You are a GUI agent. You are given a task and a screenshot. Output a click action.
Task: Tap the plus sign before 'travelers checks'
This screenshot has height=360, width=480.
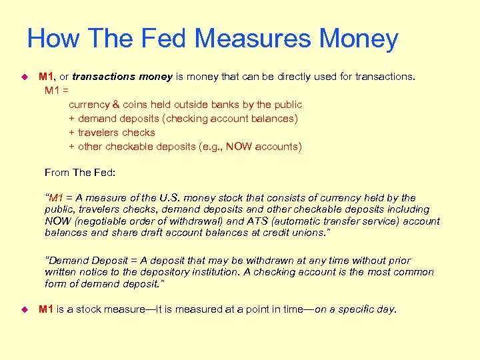(x=71, y=133)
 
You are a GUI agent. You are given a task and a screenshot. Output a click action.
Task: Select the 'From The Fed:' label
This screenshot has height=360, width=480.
(x=80, y=173)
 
